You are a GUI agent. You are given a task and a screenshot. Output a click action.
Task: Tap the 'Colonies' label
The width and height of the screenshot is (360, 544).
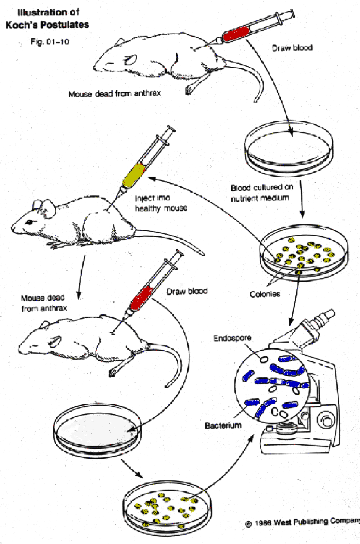pos(265,294)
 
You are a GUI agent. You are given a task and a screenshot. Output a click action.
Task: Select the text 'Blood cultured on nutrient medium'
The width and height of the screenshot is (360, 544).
pos(262,193)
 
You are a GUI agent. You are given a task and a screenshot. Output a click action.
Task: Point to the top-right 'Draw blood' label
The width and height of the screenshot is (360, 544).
pos(292,48)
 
